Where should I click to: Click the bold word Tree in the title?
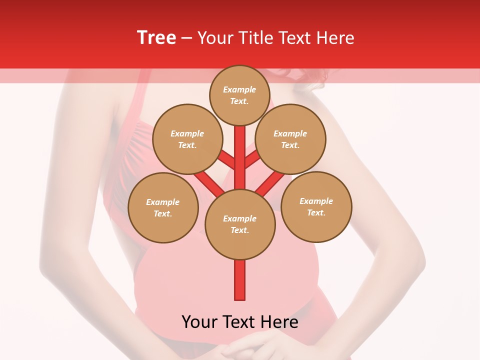pyautogui.click(x=156, y=37)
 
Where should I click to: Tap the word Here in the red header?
pyautogui.click(x=335, y=37)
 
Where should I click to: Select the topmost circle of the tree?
pyautogui.click(x=239, y=95)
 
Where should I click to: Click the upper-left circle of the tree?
pyautogui.click(x=187, y=139)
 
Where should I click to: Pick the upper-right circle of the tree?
pyautogui.click(x=290, y=139)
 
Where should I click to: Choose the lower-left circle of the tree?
pyautogui.click(x=163, y=207)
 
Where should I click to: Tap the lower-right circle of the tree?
pyautogui.click(x=316, y=206)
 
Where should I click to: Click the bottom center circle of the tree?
pyautogui.click(x=240, y=224)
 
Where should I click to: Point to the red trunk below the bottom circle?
pyautogui.click(x=240, y=280)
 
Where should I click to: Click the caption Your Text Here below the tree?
pyautogui.click(x=240, y=322)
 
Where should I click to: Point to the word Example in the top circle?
pyautogui.click(x=239, y=89)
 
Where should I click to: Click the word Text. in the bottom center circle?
pyautogui.click(x=239, y=230)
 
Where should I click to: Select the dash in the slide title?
pyautogui.click(x=186, y=38)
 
